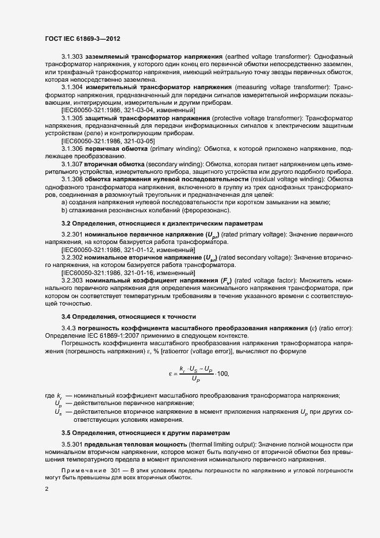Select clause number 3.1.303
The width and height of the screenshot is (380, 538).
tap(72, 58)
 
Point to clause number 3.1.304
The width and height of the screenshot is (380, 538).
tap(72, 87)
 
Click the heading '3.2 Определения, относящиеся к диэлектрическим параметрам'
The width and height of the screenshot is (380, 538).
tap(163, 223)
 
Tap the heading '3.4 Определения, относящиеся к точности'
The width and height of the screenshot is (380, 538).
tap(129, 316)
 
